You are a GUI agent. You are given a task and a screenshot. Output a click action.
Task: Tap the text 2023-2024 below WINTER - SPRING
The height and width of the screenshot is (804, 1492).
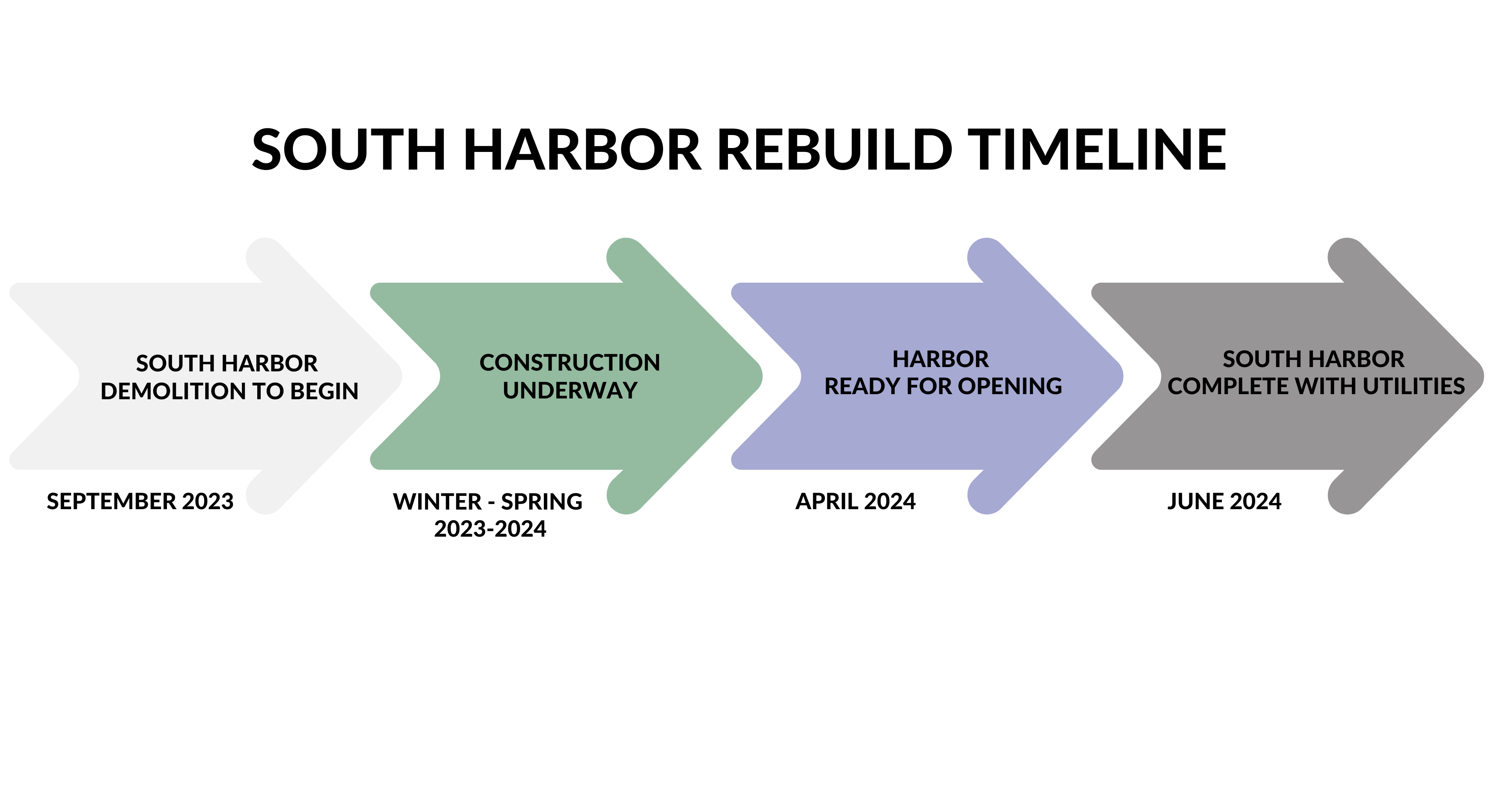[x=490, y=529]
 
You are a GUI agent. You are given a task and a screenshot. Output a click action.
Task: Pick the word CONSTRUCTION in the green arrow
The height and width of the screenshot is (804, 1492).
[x=569, y=363]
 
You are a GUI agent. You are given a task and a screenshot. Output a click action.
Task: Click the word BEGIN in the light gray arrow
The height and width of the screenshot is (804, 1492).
[x=324, y=391]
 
